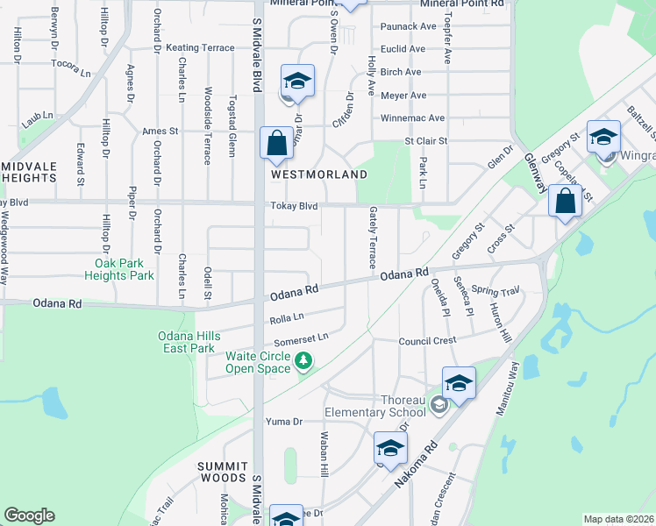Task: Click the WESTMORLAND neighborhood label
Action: (x=318, y=174)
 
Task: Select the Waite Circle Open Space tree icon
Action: (x=303, y=360)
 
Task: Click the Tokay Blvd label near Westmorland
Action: (x=294, y=207)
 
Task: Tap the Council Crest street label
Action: (x=427, y=341)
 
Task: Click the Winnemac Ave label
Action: (x=412, y=118)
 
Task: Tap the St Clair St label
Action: (x=425, y=140)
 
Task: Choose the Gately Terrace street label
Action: (x=373, y=238)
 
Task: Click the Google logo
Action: (x=29, y=515)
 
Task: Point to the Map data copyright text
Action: (x=617, y=519)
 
